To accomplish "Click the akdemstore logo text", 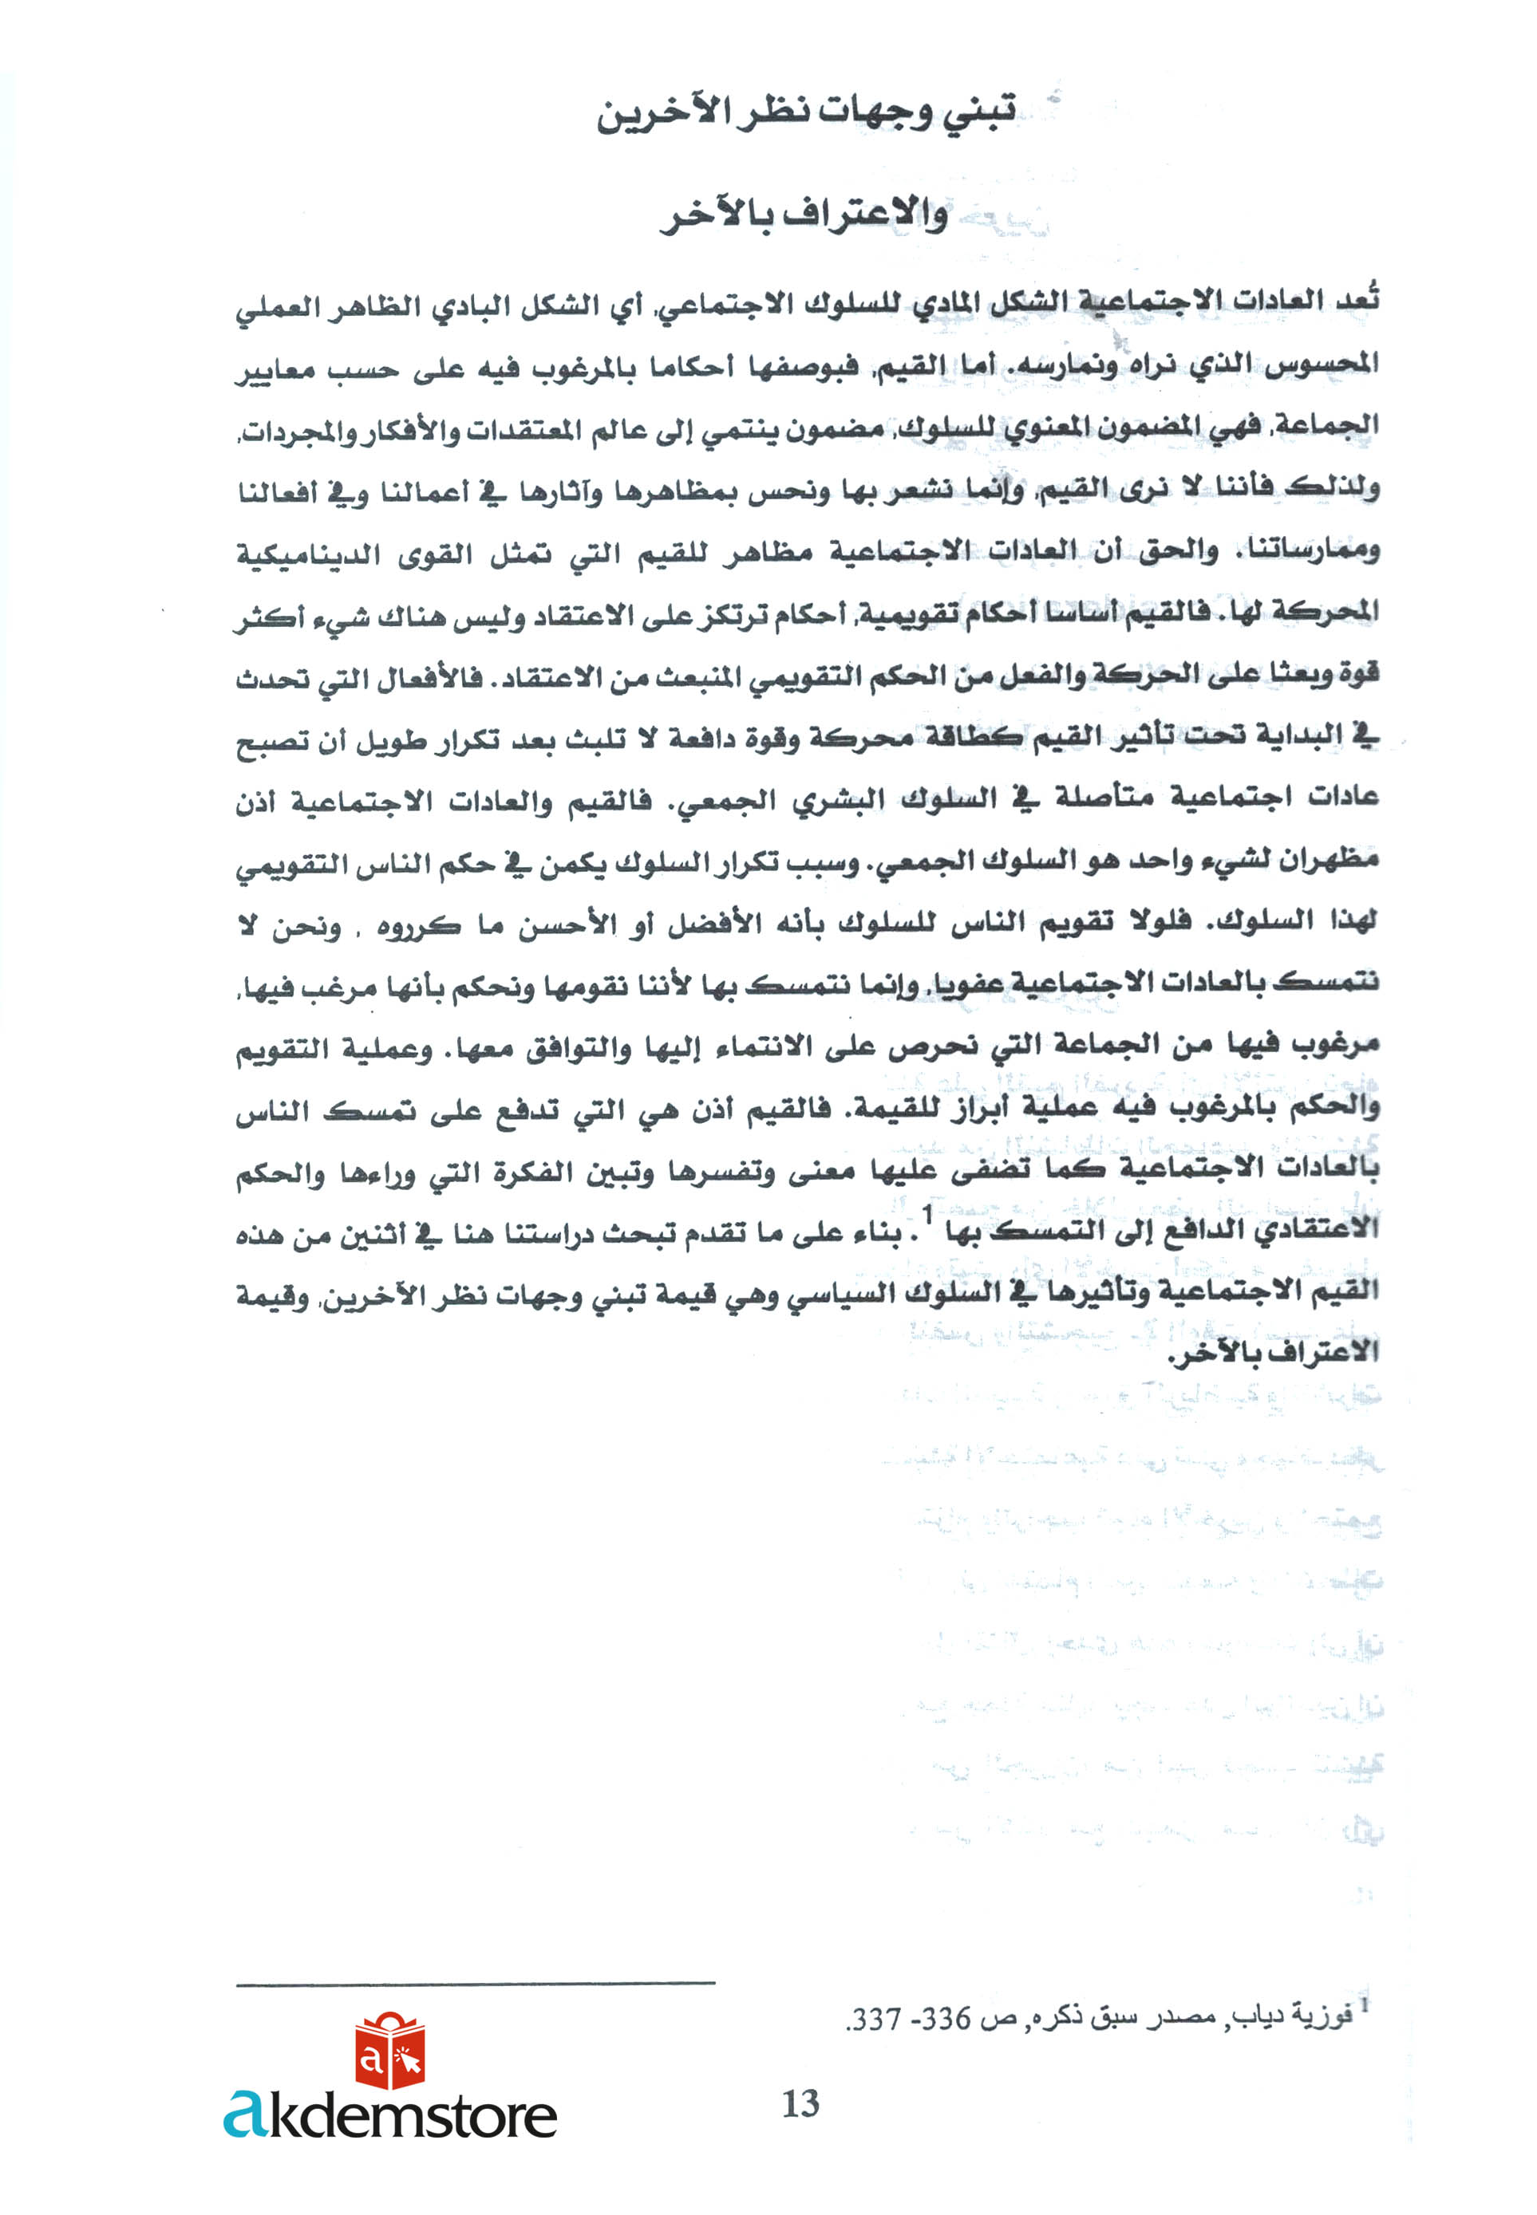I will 390,2114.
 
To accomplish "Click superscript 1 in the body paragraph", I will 928,1216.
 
